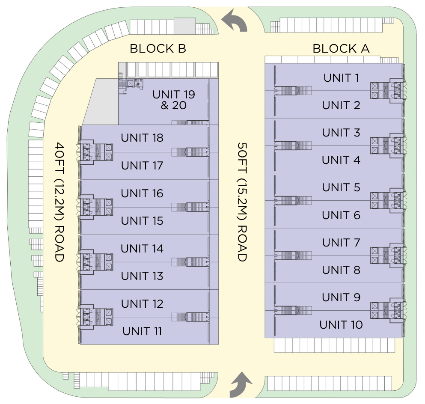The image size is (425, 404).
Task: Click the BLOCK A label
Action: coord(341,48)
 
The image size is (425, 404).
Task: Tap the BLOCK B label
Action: coord(158,48)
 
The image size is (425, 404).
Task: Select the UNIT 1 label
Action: coord(341,78)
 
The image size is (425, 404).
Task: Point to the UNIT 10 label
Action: coord(341,324)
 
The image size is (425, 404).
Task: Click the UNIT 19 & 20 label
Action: coord(174,100)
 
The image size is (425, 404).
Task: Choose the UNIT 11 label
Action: coord(142,331)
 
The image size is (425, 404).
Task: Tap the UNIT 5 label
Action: coord(341,187)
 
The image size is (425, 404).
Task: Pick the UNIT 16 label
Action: coord(142,193)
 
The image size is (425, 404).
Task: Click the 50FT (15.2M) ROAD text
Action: coord(242,202)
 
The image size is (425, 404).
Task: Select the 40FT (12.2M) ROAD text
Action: coord(59,202)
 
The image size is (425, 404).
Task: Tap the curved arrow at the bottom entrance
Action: coord(241,384)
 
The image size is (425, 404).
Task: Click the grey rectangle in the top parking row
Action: coord(184,26)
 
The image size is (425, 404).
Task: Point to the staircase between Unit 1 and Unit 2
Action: coord(293,90)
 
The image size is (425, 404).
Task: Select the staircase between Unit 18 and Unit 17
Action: coord(190,152)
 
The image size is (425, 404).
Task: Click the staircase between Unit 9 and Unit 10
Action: coord(293,311)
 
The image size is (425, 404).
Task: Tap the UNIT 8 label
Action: coord(341,270)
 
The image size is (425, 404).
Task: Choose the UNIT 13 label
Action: coord(142,276)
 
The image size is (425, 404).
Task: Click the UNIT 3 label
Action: coord(341,133)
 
